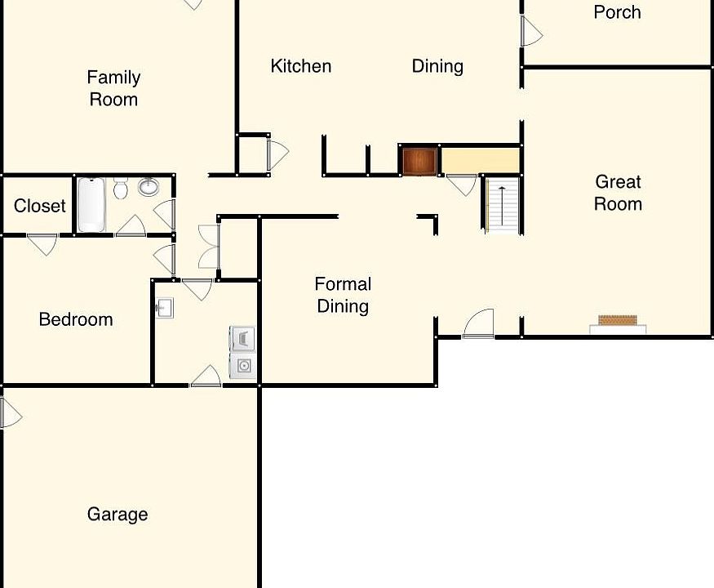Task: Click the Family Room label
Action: coord(113,88)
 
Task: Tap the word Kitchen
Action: coord(301,66)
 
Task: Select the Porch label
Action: coord(617,12)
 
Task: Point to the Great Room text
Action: coord(618,193)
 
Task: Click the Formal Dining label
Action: coord(343,295)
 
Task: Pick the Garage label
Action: coord(118,514)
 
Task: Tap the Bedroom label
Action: coord(76,319)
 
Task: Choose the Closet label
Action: coord(40,206)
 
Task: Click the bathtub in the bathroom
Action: coord(91,204)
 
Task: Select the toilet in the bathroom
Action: coord(121,189)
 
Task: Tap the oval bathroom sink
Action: coord(149,188)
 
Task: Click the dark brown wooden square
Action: coord(419,161)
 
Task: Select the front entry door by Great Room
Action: coord(479,324)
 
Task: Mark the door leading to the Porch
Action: coord(530,32)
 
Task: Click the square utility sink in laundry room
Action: coord(165,309)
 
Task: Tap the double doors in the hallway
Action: coord(208,247)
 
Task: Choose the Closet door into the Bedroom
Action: coord(42,243)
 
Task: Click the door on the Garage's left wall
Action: coord(10,413)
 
